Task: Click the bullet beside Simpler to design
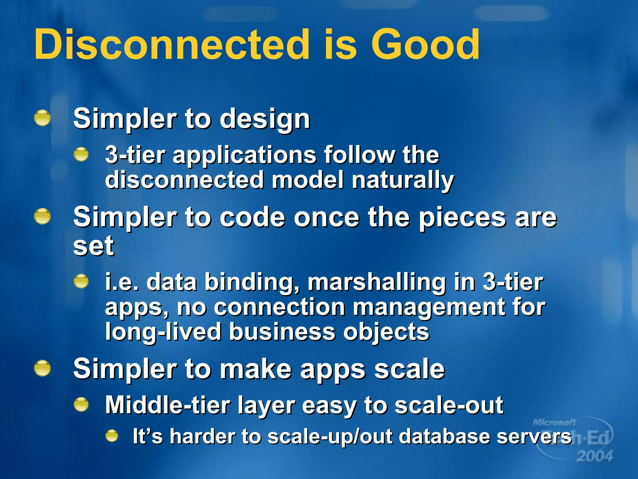pos(42,118)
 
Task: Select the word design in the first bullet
pos(265,119)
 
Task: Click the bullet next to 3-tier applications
pos(81,154)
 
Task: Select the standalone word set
pos(93,246)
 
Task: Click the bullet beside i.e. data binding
pos(81,281)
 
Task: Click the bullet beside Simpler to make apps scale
pos(42,368)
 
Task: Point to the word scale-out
pos(449,405)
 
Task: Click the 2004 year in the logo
pos(594,456)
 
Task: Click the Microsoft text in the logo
pos(554,423)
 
